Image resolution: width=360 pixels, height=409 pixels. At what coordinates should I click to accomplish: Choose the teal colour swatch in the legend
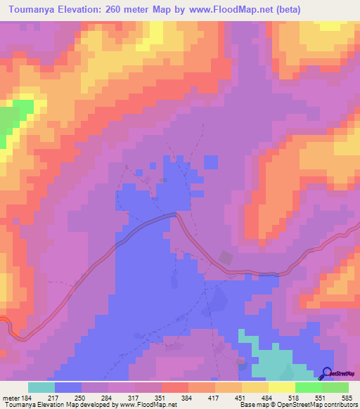pyautogui.click(x=41, y=387)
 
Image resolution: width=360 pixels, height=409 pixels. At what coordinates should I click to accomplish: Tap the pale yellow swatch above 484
pyautogui.click(x=281, y=387)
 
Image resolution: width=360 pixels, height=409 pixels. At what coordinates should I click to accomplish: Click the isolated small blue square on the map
pyautogui.click(x=210, y=162)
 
